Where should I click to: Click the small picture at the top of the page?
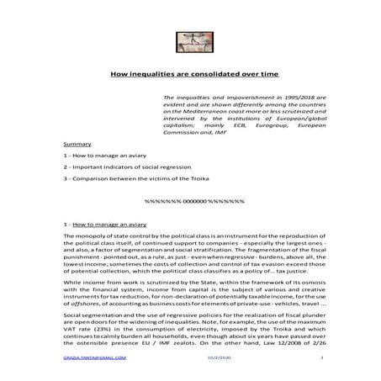pos(190,41)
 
